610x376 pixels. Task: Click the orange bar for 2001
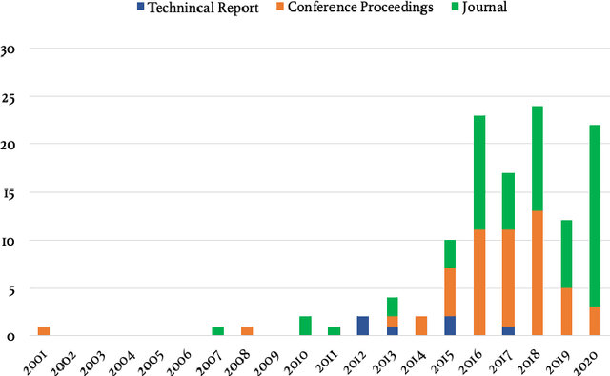click(43, 331)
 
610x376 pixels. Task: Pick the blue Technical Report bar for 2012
click(363, 327)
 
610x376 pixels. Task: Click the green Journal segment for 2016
click(479, 172)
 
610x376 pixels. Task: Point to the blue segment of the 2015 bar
click(450, 327)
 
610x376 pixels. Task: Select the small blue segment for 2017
click(508, 331)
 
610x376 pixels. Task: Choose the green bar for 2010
click(305, 327)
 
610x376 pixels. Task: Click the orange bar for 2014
click(421, 327)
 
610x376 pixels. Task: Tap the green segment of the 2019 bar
click(566, 254)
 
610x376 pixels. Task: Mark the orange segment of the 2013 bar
click(392, 322)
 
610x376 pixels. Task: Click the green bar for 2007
click(218, 331)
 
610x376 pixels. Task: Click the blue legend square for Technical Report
click(140, 9)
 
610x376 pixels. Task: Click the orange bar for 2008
click(247, 331)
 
